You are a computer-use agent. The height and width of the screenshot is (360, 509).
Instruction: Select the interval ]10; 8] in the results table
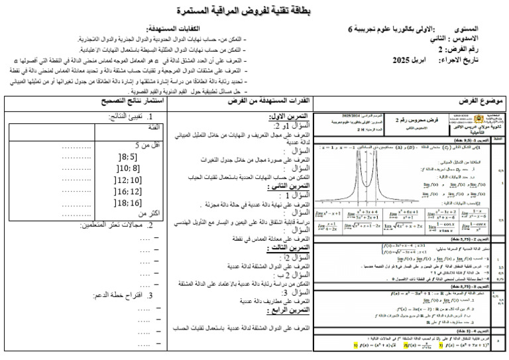point(126,168)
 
